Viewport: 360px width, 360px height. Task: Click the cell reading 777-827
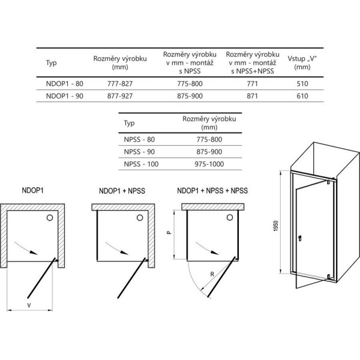(120, 83)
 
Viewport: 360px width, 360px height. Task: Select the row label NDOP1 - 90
(65, 96)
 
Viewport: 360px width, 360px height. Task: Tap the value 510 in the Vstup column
(302, 83)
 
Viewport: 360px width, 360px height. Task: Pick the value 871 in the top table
(253, 96)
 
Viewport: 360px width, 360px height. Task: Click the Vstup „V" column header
(302, 62)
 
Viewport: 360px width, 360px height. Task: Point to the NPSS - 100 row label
(141, 164)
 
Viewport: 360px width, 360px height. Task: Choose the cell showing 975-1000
(209, 164)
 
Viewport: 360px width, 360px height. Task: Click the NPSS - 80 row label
(139, 139)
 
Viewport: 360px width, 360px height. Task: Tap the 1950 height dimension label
(276, 226)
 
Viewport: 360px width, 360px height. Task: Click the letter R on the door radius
(212, 274)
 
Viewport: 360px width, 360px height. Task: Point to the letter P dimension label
(169, 233)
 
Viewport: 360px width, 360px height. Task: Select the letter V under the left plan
(29, 305)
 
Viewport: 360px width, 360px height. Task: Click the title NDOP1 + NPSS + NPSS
(212, 191)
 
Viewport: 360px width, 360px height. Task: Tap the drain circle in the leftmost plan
(50, 218)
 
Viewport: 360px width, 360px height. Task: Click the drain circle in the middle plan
(140, 218)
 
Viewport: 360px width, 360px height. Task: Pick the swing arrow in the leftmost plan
(26, 248)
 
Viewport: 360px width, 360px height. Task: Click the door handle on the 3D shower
(299, 238)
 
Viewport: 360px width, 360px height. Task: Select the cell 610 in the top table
(302, 96)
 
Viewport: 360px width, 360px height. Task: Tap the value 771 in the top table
(253, 83)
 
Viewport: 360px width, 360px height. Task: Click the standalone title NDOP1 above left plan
(32, 190)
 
